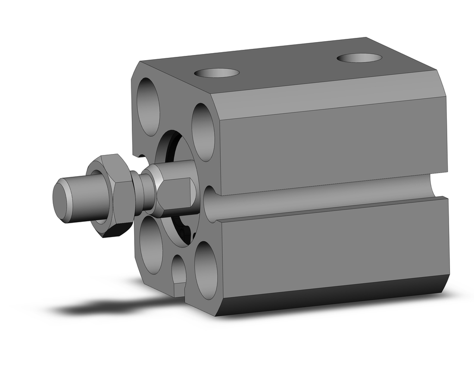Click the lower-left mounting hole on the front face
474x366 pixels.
coord(151,244)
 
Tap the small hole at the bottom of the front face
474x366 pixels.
coord(179,270)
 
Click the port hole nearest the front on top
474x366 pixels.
coord(217,73)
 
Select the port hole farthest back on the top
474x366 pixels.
coord(359,58)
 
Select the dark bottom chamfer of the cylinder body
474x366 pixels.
coord(332,296)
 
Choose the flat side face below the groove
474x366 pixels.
coord(332,247)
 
